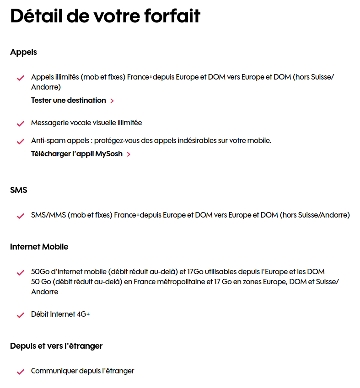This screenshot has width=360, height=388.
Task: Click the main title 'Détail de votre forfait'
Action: [x=105, y=16]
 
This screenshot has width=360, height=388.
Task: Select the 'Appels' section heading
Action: [x=23, y=52]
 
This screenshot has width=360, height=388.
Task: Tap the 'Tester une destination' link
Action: [x=68, y=100]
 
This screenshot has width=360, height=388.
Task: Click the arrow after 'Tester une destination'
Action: [x=113, y=101]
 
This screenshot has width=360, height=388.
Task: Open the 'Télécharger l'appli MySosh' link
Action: [x=76, y=154]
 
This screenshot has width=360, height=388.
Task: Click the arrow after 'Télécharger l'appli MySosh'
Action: [x=129, y=154]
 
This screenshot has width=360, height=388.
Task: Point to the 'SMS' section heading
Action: [x=19, y=190]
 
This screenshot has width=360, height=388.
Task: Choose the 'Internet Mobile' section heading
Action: [x=39, y=247]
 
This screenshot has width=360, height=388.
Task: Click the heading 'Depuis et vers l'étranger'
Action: [x=56, y=346]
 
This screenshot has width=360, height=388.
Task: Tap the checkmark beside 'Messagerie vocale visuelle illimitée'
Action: [x=20, y=123]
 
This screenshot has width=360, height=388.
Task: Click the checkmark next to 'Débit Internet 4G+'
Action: [x=20, y=315]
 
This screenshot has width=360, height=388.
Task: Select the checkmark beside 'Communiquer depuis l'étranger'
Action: [x=20, y=372]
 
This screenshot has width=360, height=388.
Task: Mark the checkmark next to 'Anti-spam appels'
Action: [x=20, y=141]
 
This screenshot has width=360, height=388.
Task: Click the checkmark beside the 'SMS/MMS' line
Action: [x=20, y=216]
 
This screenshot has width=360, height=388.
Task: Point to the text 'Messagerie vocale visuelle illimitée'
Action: [x=86, y=123]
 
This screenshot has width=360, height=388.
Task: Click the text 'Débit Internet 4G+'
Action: [x=60, y=314]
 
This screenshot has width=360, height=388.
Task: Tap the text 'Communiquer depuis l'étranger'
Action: [x=82, y=371]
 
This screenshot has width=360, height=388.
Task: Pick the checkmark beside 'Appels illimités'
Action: [x=20, y=78]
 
